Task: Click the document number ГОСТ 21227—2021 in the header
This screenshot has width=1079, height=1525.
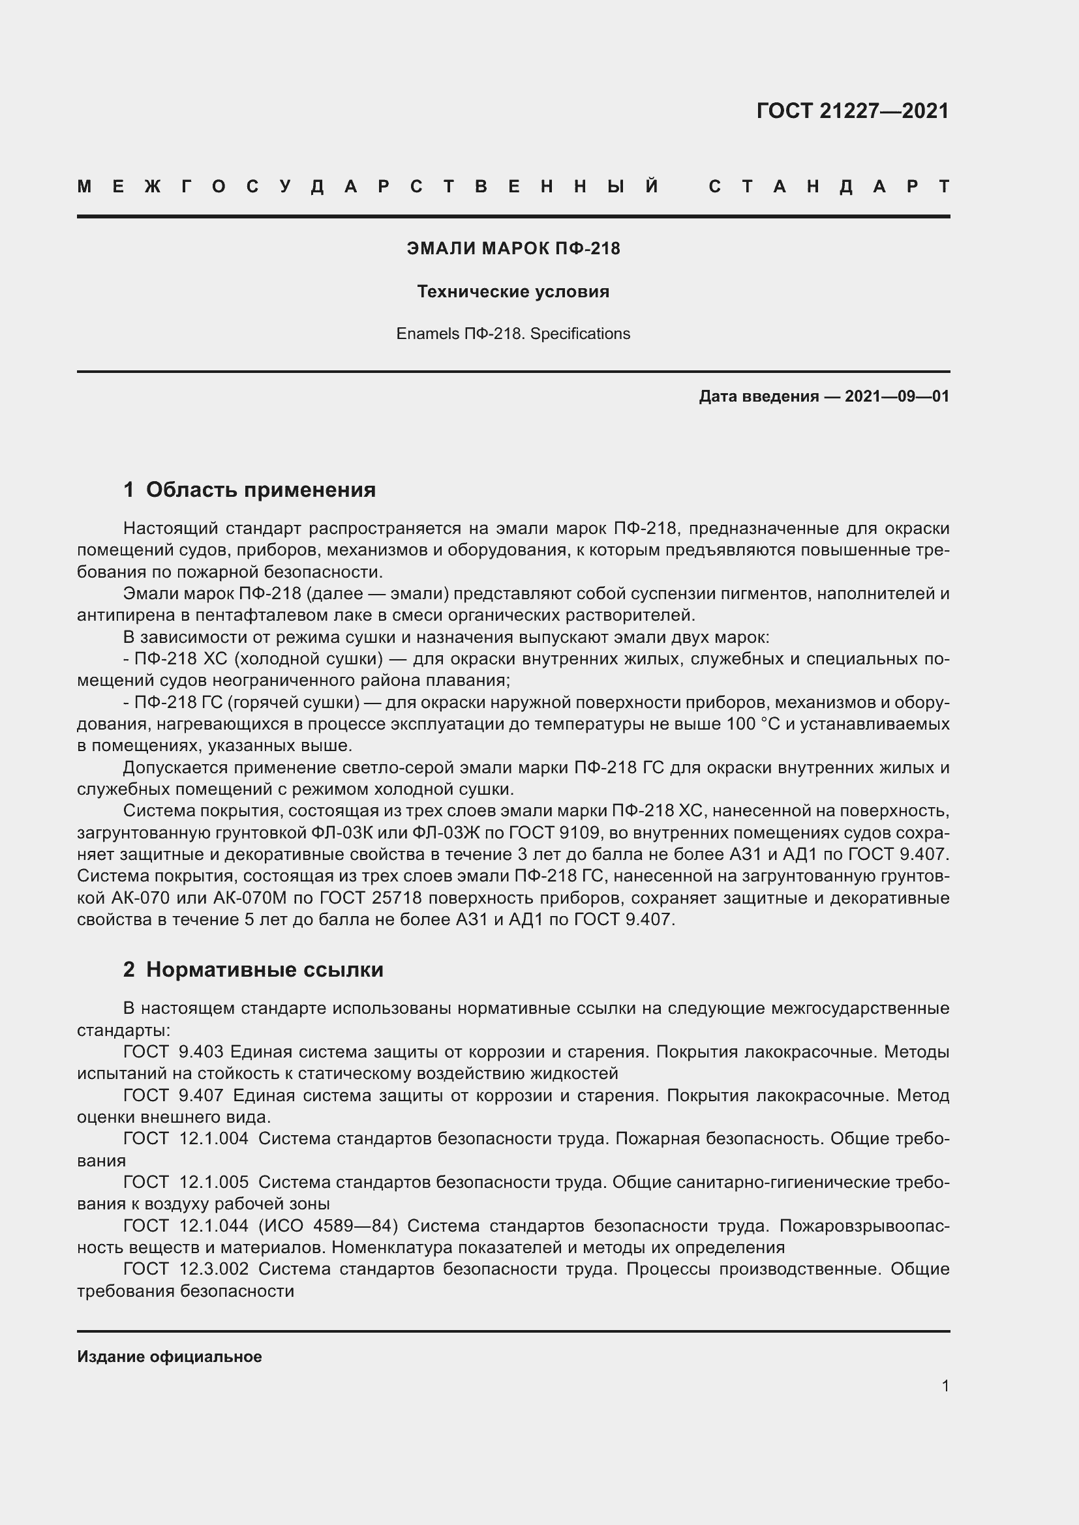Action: (x=853, y=111)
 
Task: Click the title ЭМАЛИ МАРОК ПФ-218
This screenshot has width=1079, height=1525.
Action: (x=513, y=248)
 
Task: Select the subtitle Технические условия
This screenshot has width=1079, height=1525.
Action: (x=513, y=291)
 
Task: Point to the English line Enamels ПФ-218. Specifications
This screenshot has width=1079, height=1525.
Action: (x=513, y=333)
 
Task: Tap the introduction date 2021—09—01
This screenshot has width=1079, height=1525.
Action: (x=896, y=396)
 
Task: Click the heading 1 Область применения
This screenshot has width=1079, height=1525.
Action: (x=249, y=490)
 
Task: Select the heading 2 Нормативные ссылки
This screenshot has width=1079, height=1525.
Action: (x=253, y=970)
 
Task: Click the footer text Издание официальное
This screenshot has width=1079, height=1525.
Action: (x=170, y=1357)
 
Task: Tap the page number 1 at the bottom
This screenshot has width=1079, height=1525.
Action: (x=945, y=1385)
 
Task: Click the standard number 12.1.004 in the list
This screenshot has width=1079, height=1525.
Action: (x=214, y=1138)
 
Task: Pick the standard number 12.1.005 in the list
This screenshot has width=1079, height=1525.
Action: (x=214, y=1181)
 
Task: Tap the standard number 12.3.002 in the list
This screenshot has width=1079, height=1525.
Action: (x=214, y=1269)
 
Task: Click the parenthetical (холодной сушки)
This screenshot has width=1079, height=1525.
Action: (x=310, y=659)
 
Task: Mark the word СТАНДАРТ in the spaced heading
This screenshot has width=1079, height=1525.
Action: (x=829, y=186)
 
